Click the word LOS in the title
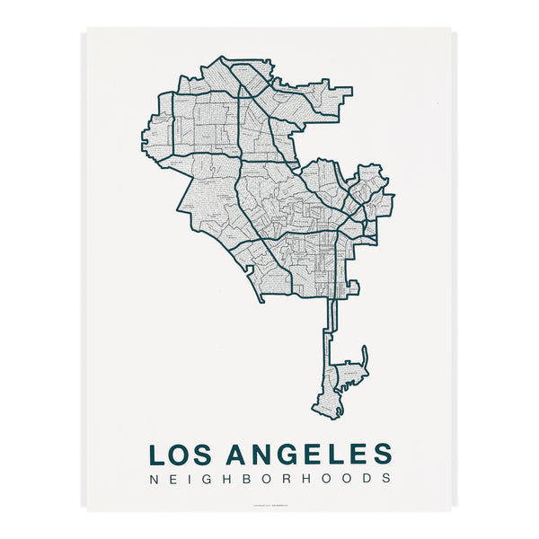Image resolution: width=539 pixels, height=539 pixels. (x=182, y=453)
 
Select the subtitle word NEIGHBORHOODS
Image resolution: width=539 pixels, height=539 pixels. (x=269, y=479)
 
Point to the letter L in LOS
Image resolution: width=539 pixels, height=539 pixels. (x=157, y=453)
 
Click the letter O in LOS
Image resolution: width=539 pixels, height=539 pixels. (x=181, y=453)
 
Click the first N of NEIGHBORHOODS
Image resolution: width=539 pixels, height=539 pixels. (x=154, y=479)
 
